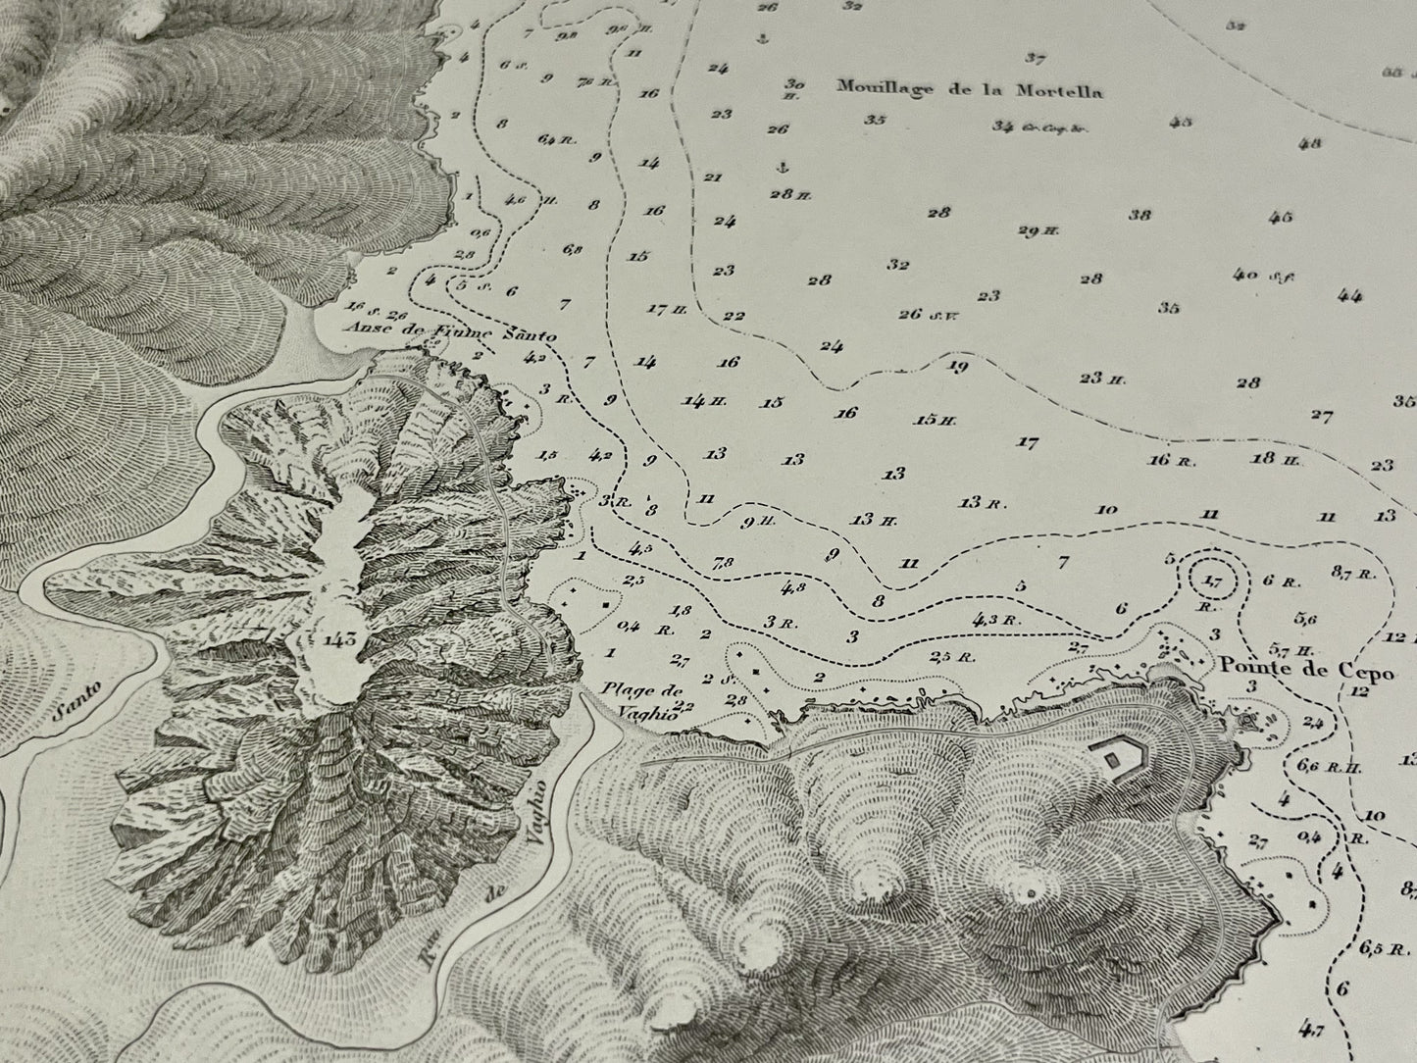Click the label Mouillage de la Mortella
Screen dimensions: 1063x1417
coord(969,90)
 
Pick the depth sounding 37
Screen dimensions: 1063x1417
coord(1036,57)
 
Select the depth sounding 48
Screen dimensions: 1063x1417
coord(1309,143)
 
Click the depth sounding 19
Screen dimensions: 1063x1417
coord(959,367)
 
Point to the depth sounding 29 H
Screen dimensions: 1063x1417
coord(1039,231)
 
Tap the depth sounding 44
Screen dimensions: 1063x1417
coord(1349,295)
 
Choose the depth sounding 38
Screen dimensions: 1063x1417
coord(1139,215)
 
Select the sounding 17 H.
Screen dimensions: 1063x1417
coord(671,310)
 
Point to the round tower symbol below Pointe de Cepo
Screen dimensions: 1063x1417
coord(1249,721)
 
